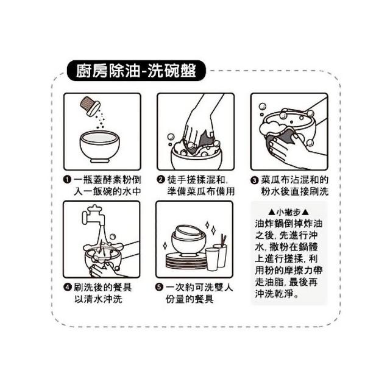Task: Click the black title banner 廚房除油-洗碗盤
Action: click(136, 71)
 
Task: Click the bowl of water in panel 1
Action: click(99, 146)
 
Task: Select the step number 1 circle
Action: click(67, 180)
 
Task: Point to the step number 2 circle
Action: click(161, 180)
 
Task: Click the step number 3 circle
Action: click(254, 180)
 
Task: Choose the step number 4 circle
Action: click(68, 287)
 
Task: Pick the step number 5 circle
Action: click(159, 288)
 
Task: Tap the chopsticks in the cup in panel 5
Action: click(224, 239)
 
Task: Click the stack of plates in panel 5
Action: click(186, 261)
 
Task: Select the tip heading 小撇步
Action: click(288, 212)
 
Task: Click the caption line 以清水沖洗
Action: click(99, 299)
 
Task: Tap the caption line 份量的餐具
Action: click(190, 299)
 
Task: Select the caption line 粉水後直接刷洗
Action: click(295, 191)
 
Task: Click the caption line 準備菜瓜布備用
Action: click(201, 191)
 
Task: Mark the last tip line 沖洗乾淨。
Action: click(277, 294)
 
